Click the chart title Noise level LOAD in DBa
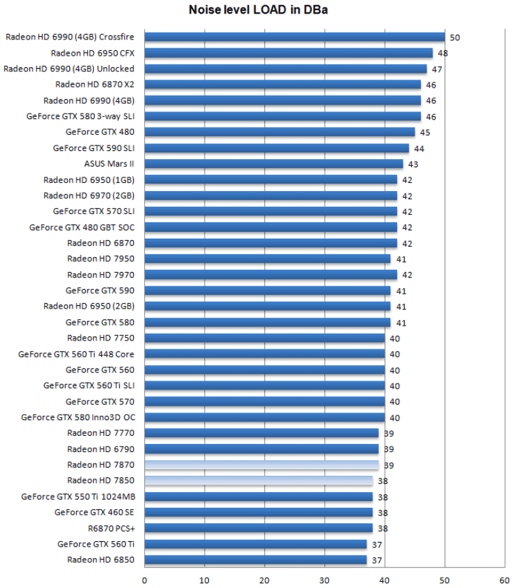[258, 10]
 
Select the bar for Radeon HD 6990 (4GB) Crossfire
[294, 37]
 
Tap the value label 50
[455, 37]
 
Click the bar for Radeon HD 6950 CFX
[288, 53]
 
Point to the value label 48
[443, 53]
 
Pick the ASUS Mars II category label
[109, 164]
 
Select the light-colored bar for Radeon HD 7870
[261, 465]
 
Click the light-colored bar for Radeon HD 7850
[258, 481]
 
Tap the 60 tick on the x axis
[504, 580]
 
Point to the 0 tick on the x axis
[145, 580]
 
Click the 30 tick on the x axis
[325, 580]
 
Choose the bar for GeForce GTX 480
[279, 132]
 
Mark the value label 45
[425, 133]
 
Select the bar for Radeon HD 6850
[256, 560]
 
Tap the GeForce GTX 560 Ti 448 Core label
[76, 354]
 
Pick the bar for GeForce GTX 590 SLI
[277, 148]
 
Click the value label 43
[413, 165]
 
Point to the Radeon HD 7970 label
[101, 275]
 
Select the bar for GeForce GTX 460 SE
[258, 513]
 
